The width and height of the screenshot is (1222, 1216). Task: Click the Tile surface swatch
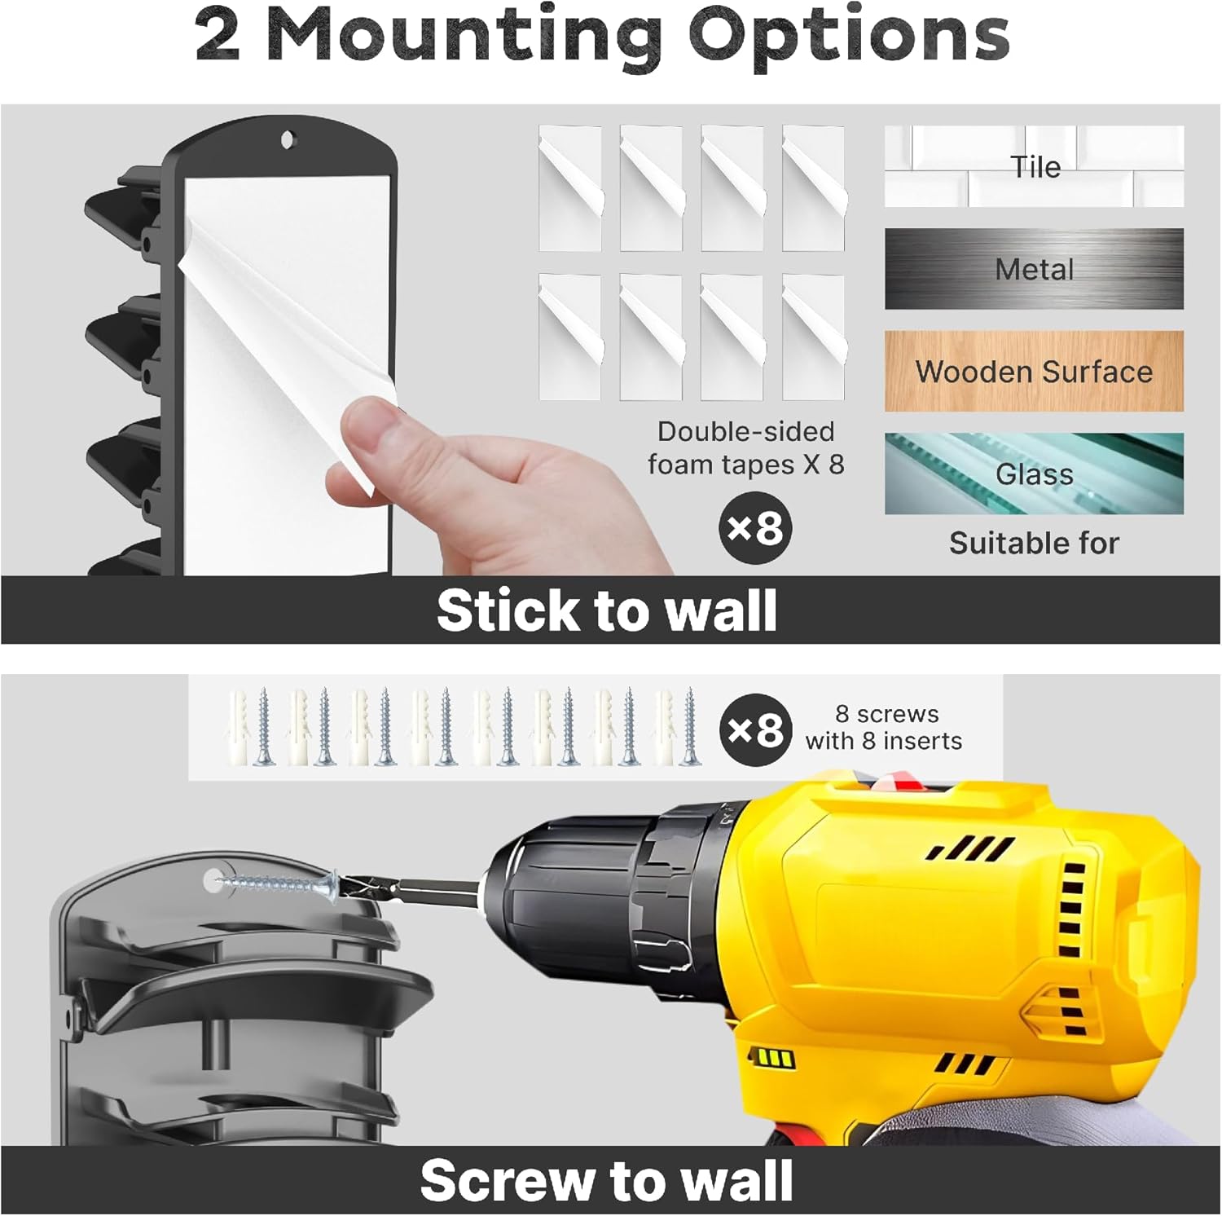1034,166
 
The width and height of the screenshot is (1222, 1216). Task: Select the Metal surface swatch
1034,269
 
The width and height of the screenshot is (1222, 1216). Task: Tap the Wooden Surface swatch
1034,372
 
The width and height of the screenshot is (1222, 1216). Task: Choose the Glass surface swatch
1034,474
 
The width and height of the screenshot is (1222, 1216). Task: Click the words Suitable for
1034,543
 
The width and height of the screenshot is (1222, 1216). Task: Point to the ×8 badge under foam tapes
755,528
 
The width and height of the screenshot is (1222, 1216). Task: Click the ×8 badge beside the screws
755,730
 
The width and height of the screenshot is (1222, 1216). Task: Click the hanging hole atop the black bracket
287,140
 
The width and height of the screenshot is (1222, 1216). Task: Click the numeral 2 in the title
218,37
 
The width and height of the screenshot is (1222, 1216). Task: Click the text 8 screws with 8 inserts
885,727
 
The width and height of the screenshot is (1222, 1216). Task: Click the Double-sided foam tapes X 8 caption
745,447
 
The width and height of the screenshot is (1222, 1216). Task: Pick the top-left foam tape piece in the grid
570,187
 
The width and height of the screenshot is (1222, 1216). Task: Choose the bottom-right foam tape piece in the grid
813,337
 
